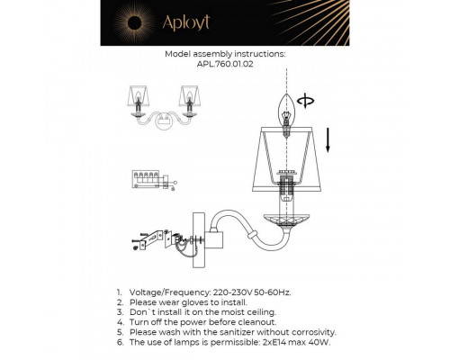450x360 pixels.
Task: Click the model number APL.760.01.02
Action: [225, 63]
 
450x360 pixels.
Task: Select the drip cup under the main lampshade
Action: [286, 219]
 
